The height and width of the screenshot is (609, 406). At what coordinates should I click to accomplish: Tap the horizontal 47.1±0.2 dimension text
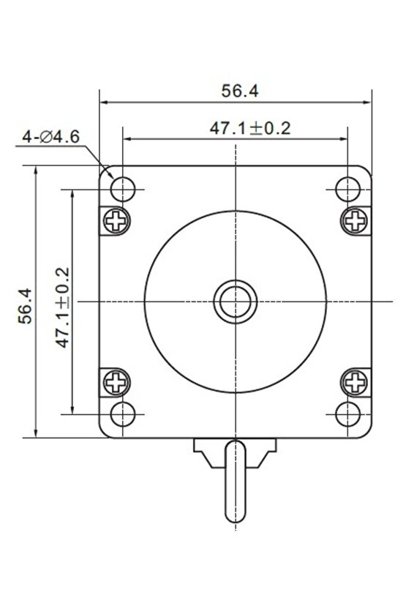tap(250, 128)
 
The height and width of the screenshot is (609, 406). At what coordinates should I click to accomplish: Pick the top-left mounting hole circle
tap(123, 190)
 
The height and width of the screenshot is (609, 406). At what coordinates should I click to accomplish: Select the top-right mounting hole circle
tap(348, 190)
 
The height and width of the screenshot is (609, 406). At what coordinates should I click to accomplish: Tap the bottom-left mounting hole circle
tap(123, 414)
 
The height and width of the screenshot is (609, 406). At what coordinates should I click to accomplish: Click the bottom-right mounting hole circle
tap(348, 414)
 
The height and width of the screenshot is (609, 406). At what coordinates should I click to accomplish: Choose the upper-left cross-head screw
tap(116, 220)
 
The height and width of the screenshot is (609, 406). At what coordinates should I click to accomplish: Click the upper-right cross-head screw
tap(356, 220)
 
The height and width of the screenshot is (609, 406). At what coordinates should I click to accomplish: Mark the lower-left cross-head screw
tap(116, 382)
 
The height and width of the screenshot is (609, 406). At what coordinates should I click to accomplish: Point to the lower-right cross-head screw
tap(356, 382)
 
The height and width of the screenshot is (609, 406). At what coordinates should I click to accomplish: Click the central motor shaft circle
tap(235, 301)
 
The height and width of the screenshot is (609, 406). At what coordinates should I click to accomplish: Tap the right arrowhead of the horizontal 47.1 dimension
tap(343, 138)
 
